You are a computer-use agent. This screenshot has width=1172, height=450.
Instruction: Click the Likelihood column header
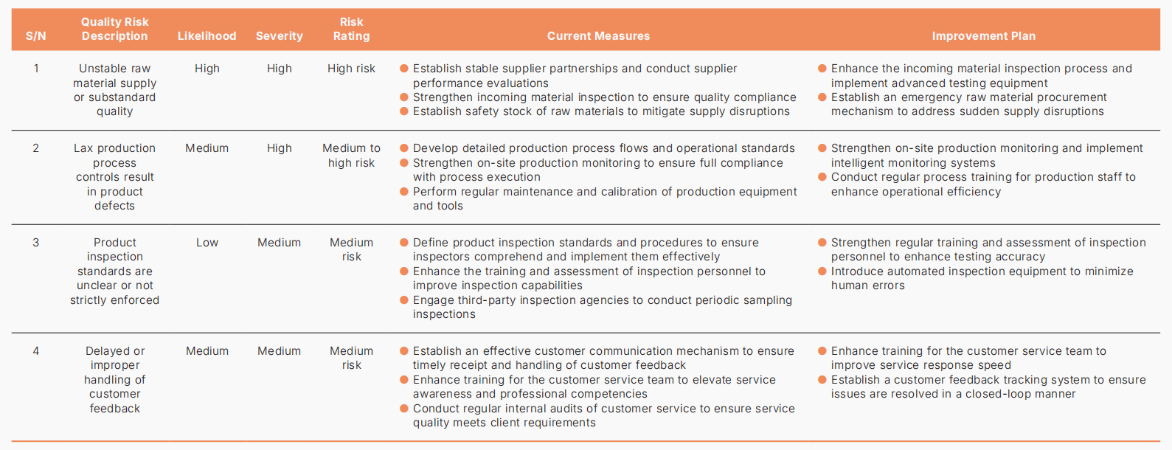[207, 36]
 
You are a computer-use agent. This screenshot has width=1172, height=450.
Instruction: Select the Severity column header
[279, 36]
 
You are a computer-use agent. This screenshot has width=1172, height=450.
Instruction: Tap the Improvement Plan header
[983, 36]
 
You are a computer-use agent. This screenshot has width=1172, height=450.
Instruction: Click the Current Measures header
[598, 36]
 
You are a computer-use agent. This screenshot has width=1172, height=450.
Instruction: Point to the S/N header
[35, 36]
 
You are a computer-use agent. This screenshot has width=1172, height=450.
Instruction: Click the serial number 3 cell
[35, 242]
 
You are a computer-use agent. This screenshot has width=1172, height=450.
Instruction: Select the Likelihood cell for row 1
[207, 69]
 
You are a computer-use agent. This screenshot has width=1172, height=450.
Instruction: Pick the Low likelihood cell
[207, 242]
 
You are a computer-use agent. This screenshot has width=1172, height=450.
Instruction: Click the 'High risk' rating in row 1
[351, 69]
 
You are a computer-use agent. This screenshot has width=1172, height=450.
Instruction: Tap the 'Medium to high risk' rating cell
[351, 156]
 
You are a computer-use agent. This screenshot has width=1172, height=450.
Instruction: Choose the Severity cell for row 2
[279, 148]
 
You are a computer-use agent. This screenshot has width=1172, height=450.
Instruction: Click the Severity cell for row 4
[279, 351]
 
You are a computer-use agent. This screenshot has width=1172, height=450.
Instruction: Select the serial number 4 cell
[35, 351]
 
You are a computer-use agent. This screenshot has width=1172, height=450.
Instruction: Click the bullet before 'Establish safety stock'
[404, 111]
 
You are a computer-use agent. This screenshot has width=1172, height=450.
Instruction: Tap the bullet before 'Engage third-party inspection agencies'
[404, 300]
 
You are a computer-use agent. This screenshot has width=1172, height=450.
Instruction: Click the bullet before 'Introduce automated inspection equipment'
[822, 271]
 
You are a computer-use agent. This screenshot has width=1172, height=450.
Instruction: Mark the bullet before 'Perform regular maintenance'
[404, 192]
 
